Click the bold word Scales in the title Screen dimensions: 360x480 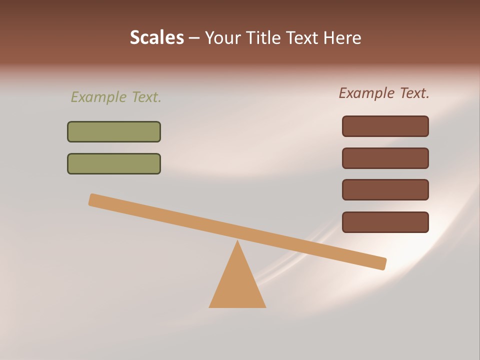click(x=156, y=37)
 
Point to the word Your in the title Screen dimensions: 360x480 click(x=223, y=37)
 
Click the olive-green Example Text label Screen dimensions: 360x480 click(x=116, y=97)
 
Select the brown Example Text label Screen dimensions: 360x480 click(x=384, y=93)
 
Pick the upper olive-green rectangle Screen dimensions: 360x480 click(x=114, y=131)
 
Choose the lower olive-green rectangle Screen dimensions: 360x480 click(x=114, y=163)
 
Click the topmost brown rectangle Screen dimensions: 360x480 click(x=385, y=126)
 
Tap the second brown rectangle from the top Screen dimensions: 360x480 click(x=385, y=158)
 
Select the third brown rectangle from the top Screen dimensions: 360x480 click(x=385, y=190)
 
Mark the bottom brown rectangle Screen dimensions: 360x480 click(x=385, y=222)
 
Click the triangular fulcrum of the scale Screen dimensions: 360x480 click(x=237, y=285)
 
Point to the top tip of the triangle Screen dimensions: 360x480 click(x=237, y=242)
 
